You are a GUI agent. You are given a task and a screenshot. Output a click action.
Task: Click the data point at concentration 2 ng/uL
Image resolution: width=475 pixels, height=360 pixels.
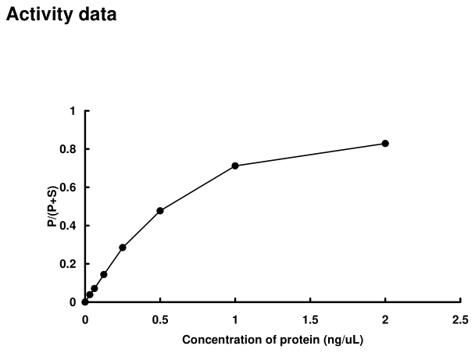[x=385, y=144]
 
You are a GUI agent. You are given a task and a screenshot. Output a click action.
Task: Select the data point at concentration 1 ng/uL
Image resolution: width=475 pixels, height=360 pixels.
[x=235, y=166]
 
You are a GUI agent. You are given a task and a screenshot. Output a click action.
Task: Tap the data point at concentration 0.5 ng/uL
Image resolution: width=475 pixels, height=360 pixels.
[x=160, y=211]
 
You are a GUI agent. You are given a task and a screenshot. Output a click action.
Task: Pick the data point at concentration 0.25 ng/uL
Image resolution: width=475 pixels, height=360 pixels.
[x=123, y=248]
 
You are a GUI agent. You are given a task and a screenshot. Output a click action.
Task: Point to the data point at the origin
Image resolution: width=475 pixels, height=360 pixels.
[x=85, y=302]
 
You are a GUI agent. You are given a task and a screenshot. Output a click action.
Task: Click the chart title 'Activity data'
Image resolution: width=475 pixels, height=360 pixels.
[x=62, y=15]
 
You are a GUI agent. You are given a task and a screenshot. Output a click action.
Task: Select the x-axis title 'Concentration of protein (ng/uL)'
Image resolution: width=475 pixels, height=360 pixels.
[x=273, y=340]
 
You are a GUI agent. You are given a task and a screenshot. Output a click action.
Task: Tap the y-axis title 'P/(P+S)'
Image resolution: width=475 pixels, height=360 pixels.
[x=52, y=206]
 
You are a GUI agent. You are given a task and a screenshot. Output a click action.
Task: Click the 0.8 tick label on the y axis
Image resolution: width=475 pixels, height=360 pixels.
[x=69, y=149]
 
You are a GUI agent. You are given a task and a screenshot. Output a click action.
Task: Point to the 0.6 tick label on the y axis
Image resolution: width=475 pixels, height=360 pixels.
[x=69, y=187]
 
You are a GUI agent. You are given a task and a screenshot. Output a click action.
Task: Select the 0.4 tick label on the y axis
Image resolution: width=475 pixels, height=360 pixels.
[x=69, y=226]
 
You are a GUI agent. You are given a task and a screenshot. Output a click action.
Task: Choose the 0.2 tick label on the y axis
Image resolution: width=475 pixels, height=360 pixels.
[x=69, y=264]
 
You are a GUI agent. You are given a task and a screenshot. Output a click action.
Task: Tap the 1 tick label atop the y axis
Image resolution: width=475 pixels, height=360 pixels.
[x=73, y=111]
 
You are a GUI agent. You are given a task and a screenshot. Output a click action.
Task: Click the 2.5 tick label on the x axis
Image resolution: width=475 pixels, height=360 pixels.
[x=460, y=319]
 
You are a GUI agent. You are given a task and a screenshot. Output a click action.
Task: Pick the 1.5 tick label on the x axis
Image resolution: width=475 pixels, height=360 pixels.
[x=310, y=319]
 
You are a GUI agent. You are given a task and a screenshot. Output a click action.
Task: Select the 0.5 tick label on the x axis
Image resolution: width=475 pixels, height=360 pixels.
[x=160, y=319]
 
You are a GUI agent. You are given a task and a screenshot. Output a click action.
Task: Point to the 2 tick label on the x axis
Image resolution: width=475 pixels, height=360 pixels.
[x=385, y=319]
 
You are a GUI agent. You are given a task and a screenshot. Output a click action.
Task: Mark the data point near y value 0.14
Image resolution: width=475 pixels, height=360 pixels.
[x=104, y=275]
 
